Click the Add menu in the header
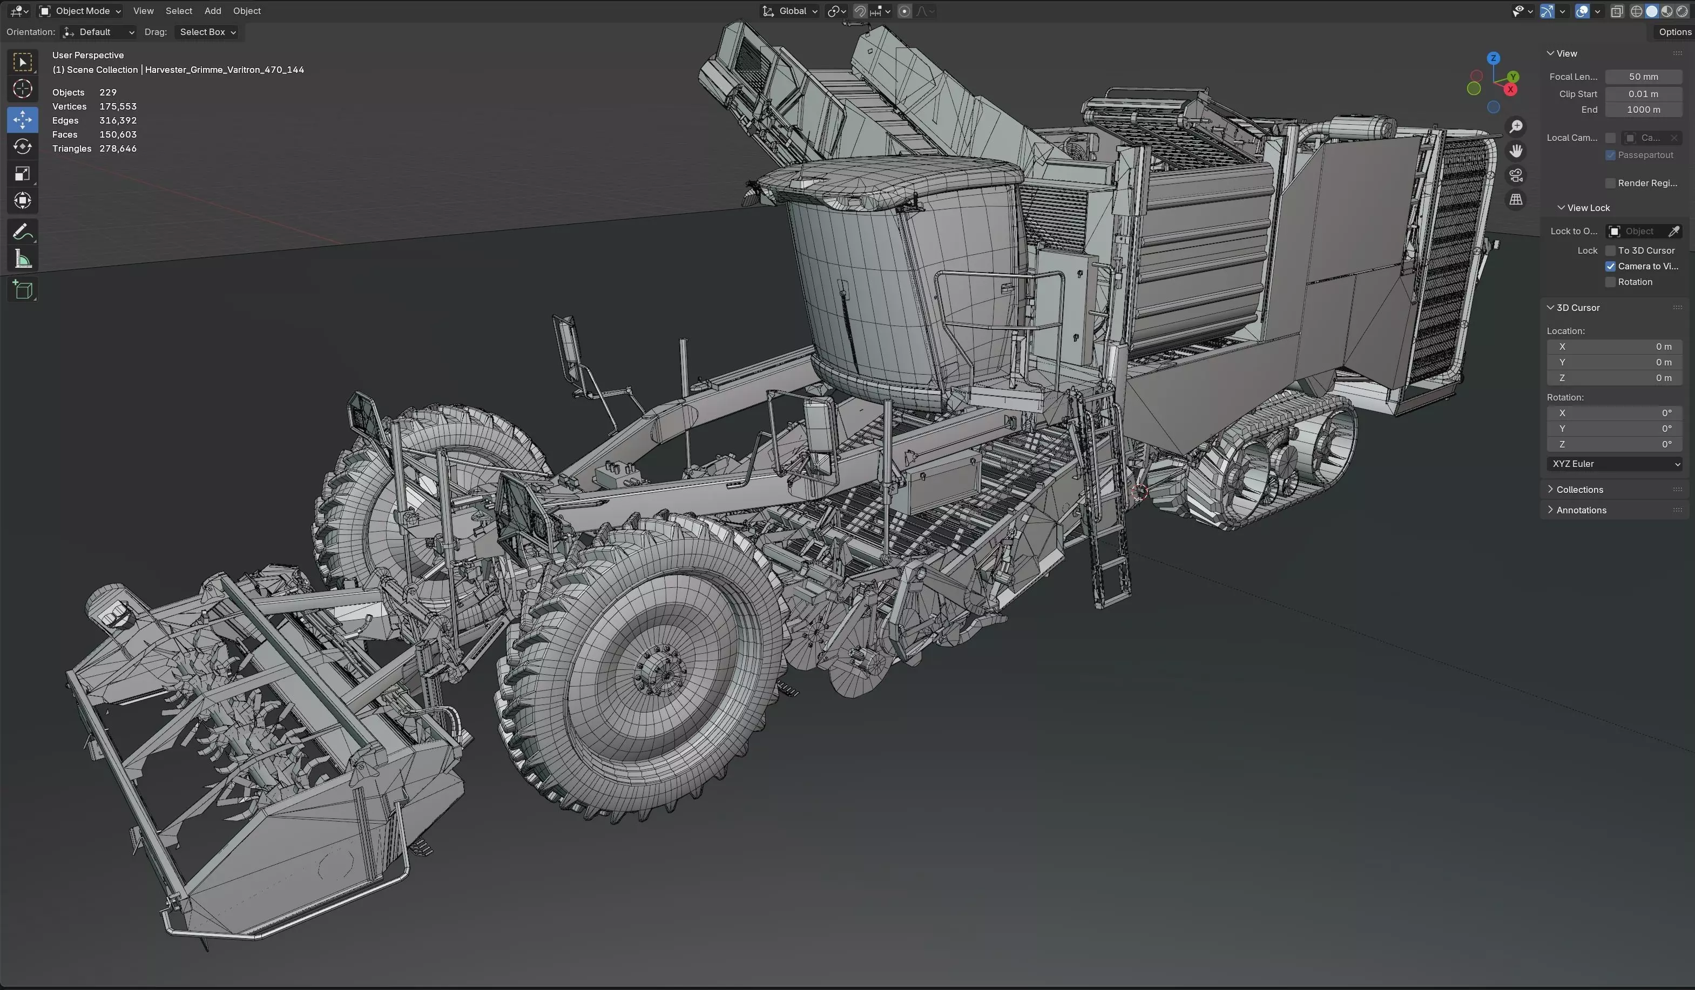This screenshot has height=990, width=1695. pos(213,11)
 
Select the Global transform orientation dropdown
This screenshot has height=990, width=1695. pos(791,11)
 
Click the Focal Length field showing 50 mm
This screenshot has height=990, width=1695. pos(1643,77)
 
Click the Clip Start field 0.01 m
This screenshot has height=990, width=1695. pos(1643,94)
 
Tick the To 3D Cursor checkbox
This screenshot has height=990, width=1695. pos(1610,250)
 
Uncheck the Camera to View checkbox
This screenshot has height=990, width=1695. pos(1610,266)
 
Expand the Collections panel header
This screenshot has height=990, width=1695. pos(1579,490)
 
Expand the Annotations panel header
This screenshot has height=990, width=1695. pos(1581,510)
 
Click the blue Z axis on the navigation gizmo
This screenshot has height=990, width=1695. pos(1493,58)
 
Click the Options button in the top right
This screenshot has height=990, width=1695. pos(1673,32)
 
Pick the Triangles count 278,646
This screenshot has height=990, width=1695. pos(118,148)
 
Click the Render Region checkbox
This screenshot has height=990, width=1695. pos(1610,183)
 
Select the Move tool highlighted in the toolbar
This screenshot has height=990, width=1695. pos(22,120)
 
